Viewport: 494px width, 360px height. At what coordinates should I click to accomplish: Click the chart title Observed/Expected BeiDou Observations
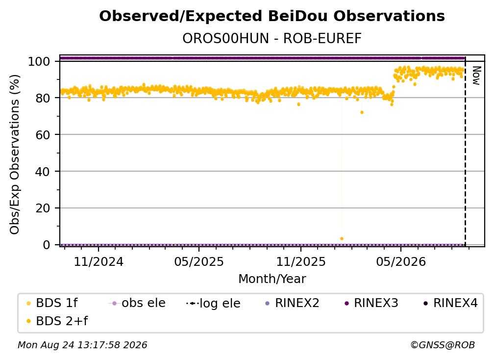point(272,16)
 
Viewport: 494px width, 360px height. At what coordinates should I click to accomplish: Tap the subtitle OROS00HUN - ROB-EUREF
point(272,38)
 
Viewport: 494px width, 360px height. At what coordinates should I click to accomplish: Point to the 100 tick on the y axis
point(39,61)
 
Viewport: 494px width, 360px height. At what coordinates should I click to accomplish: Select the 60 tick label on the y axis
point(43,134)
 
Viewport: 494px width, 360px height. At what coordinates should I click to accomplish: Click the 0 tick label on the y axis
point(47,245)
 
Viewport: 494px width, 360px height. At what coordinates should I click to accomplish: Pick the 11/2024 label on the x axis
point(99,261)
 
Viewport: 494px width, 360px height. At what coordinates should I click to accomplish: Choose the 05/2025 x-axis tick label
point(199,261)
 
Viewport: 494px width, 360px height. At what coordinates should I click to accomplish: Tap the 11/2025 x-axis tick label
point(301,261)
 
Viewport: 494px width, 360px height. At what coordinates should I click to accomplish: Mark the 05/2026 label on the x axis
point(401,261)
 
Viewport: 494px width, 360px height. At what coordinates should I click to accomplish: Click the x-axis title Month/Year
point(272,279)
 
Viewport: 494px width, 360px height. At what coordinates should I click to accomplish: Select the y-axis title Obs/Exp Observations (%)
point(15,154)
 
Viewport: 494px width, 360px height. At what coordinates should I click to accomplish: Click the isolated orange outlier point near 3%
point(342,239)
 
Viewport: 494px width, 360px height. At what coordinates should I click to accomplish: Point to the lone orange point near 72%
point(362,112)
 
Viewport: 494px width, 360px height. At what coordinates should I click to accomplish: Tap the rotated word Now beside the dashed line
point(476,76)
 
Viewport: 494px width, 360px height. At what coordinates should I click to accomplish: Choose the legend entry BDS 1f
point(52,303)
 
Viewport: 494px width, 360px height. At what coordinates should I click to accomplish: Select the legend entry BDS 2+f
point(57,321)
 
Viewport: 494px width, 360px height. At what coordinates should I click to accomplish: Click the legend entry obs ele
point(137,303)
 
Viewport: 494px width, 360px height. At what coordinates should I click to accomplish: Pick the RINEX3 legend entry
point(371,303)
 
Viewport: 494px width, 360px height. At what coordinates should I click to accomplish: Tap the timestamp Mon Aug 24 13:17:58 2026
point(82,345)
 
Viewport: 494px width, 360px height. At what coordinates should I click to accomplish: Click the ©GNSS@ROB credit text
point(443,345)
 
